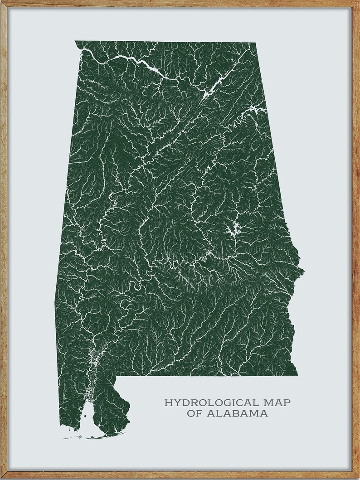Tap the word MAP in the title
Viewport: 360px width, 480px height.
click(x=276, y=402)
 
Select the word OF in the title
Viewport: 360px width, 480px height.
click(x=195, y=413)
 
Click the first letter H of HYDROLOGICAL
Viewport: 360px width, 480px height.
click(x=168, y=402)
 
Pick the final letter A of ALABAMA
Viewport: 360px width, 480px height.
click(x=263, y=413)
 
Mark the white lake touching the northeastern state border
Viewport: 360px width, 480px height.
click(x=256, y=110)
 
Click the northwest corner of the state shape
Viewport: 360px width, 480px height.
click(x=75, y=41)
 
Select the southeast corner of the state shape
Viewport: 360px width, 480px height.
click(x=297, y=375)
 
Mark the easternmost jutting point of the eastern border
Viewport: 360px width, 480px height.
click(x=304, y=272)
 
